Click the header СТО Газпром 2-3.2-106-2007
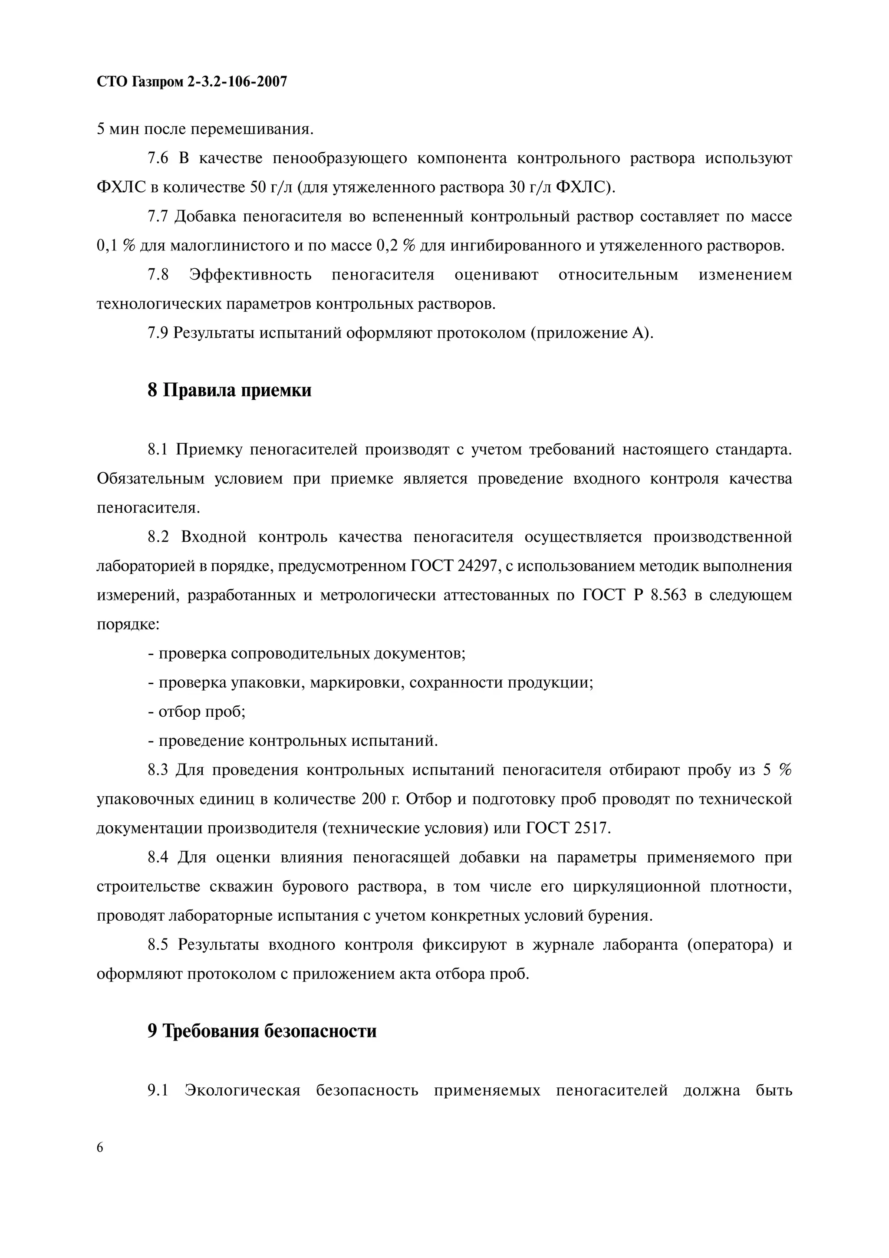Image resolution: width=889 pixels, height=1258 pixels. (192, 82)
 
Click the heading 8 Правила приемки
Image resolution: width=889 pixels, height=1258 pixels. (230, 391)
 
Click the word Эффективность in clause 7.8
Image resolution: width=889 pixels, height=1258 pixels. (250, 274)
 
